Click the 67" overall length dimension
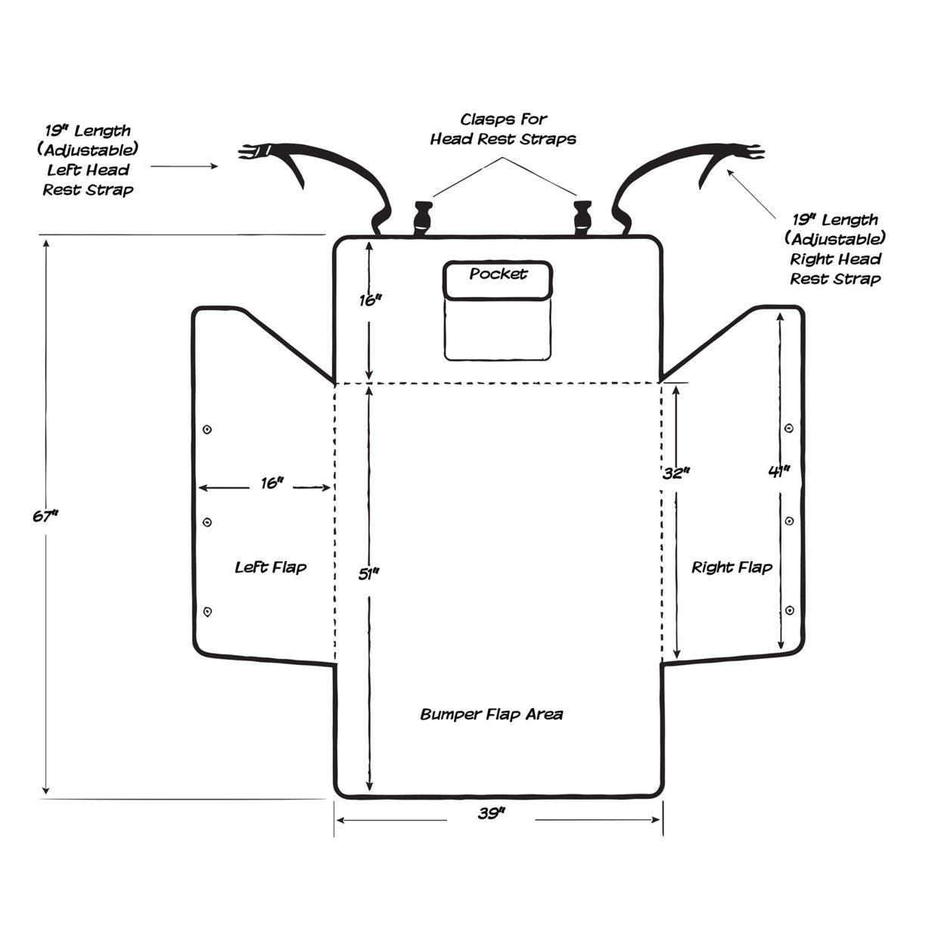[x=45, y=517]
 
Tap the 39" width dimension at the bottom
[x=491, y=814]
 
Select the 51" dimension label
[x=368, y=574]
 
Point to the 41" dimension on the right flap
[x=779, y=471]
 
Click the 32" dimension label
[x=675, y=474]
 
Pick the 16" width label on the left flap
[x=272, y=483]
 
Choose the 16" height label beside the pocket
[x=370, y=300]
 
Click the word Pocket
[x=498, y=274]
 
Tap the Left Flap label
[x=271, y=567]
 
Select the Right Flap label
[x=731, y=567]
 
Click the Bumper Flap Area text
[x=492, y=714]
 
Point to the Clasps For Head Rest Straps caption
[x=503, y=129]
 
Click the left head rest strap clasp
[x=422, y=218]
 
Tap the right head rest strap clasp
[x=582, y=217]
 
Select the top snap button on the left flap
[x=207, y=430]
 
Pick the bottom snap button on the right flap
[x=790, y=610]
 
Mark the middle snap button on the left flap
[x=207, y=522]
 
